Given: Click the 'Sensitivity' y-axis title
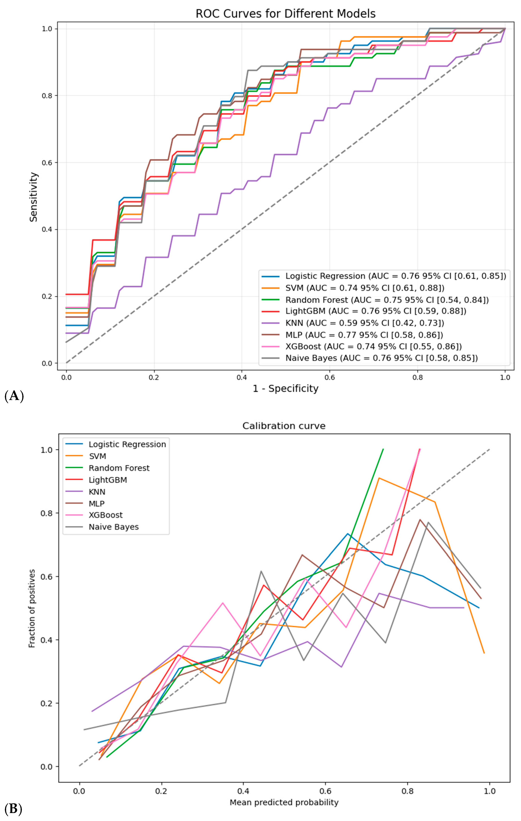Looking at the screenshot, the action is point(33,197).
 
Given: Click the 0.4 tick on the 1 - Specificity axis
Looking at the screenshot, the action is point(242,377).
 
